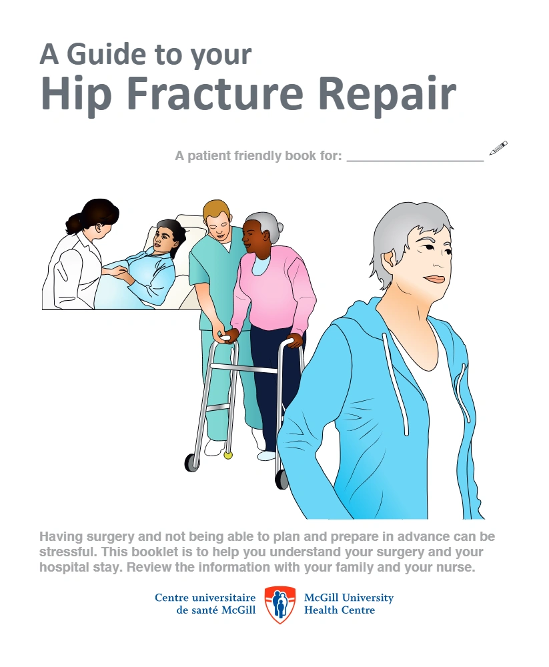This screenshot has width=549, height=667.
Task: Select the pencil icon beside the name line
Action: coord(498,148)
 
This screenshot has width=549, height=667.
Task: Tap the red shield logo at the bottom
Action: coord(280,604)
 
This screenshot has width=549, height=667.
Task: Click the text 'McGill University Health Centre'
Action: coord(348,604)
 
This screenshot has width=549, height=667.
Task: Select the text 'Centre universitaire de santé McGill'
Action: coord(205,604)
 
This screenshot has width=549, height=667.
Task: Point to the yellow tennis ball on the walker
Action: coord(228,456)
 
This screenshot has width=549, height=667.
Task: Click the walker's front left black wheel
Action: coord(192,462)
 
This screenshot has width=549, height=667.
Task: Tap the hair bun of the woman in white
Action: coord(73,223)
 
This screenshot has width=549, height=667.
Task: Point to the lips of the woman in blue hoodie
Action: coord(434,278)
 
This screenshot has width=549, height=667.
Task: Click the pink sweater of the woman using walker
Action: coord(277,287)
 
